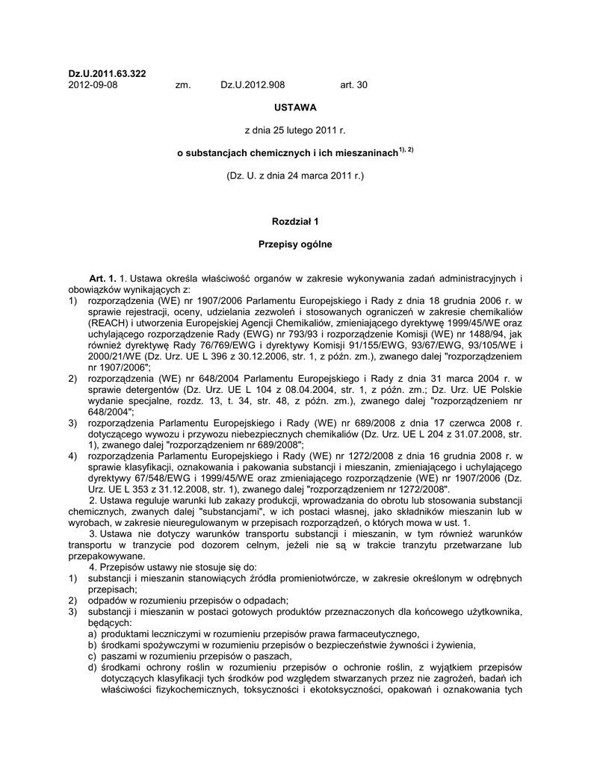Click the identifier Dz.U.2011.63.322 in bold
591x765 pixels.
[x=107, y=73]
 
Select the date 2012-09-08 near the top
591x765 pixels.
[x=93, y=85]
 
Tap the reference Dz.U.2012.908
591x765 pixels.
[x=253, y=85]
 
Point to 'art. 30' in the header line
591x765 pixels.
[x=354, y=85]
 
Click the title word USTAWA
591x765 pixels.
[x=295, y=108]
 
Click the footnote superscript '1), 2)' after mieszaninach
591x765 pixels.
[x=406, y=149]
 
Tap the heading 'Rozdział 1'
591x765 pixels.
[x=295, y=222]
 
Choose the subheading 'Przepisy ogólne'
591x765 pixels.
[x=295, y=244]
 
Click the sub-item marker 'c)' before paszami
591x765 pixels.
[x=93, y=655]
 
